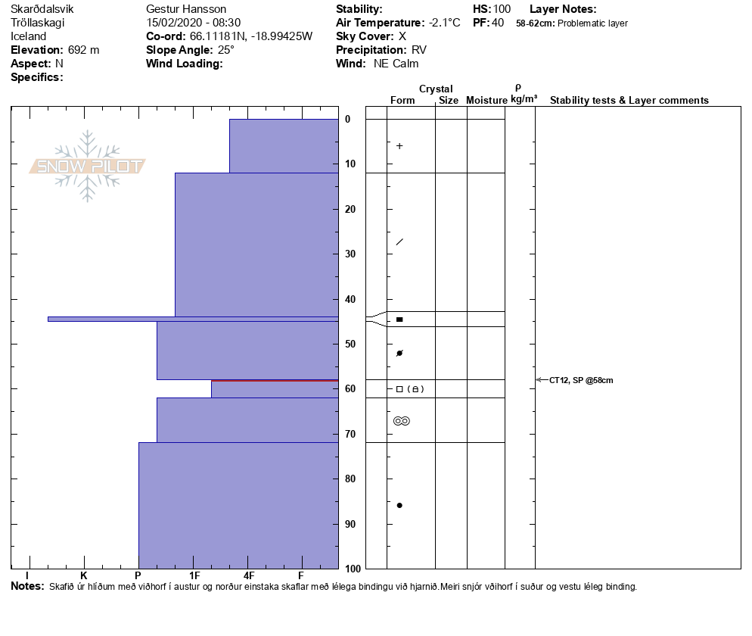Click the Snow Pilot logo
[x=88, y=166]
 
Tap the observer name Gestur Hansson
[x=186, y=9]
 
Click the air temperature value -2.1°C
[x=444, y=23]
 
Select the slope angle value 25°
[x=223, y=50]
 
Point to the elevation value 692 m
[x=83, y=50]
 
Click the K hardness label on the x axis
[x=83, y=576]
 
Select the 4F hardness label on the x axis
[x=248, y=576]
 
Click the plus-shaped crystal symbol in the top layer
[x=399, y=146]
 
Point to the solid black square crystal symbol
[x=399, y=320]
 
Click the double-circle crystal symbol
[x=402, y=421]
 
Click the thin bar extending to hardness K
[x=113, y=319]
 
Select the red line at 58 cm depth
[x=274, y=380]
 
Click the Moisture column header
[x=486, y=101]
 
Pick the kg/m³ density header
[x=524, y=99]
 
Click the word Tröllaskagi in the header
[x=37, y=23]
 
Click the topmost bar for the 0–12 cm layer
[x=283, y=145]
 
